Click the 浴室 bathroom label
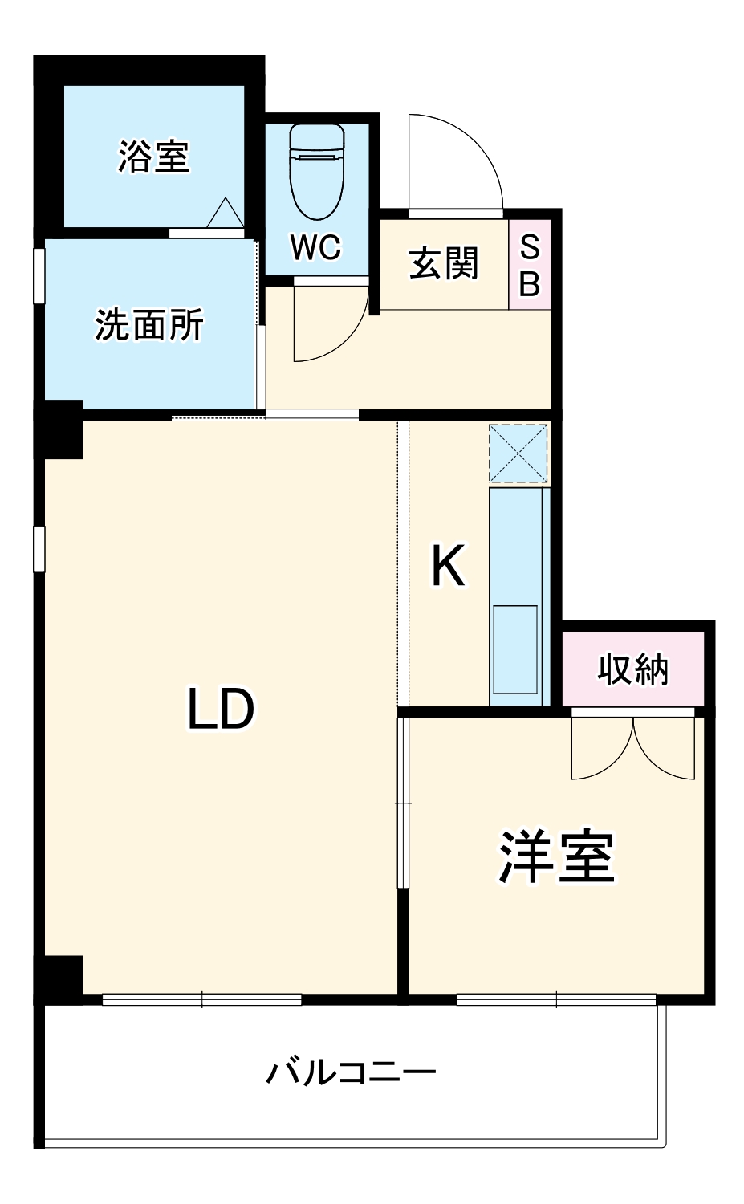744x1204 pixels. click(x=153, y=157)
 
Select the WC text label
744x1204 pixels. click(x=316, y=248)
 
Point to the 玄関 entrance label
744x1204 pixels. click(x=443, y=263)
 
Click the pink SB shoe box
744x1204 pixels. click(x=530, y=265)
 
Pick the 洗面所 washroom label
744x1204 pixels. click(x=149, y=325)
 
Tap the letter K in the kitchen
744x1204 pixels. click(x=448, y=567)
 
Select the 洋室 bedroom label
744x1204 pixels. click(x=557, y=857)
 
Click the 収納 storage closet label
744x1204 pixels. click(x=632, y=669)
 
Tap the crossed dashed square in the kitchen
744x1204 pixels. click(x=519, y=454)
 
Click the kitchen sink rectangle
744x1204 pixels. click(x=515, y=649)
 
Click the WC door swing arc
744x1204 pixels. click(x=325, y=325)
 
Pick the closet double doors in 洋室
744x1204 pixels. click(x=632, y=748)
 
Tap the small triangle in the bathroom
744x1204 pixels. click(x=223, y=213)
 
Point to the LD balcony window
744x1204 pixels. click(x=202, y=1000)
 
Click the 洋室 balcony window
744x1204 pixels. click(x=556, y=1000)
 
